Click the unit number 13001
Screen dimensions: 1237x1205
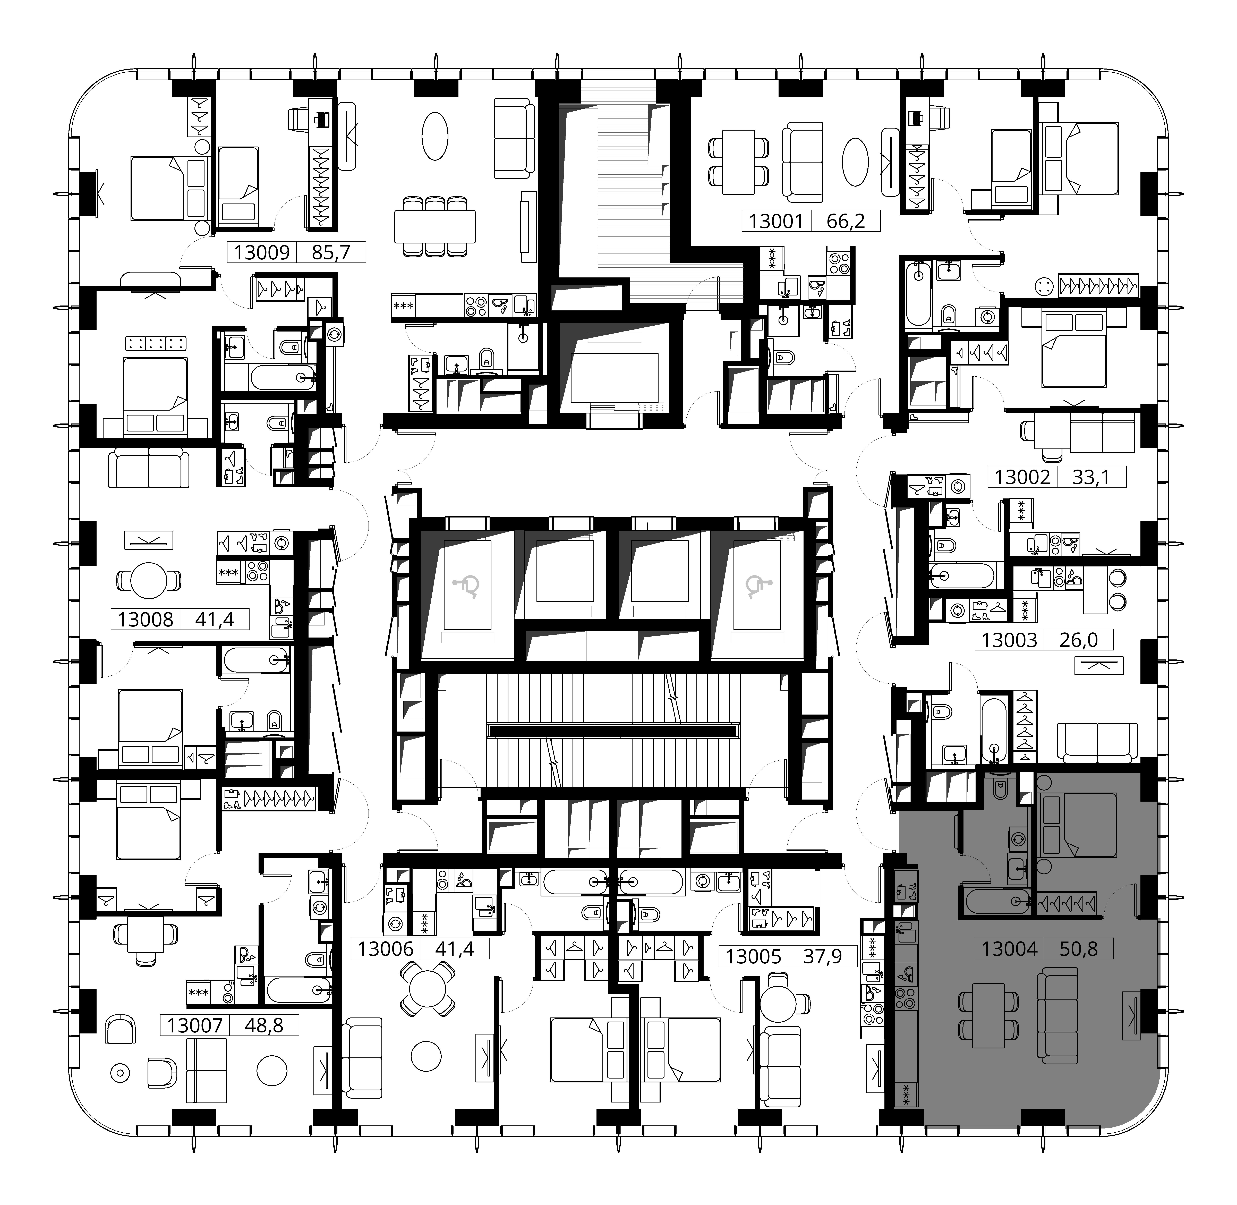coord(776,222)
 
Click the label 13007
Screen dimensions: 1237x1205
coord(195,1025)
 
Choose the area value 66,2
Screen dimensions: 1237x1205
coord(845,222)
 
